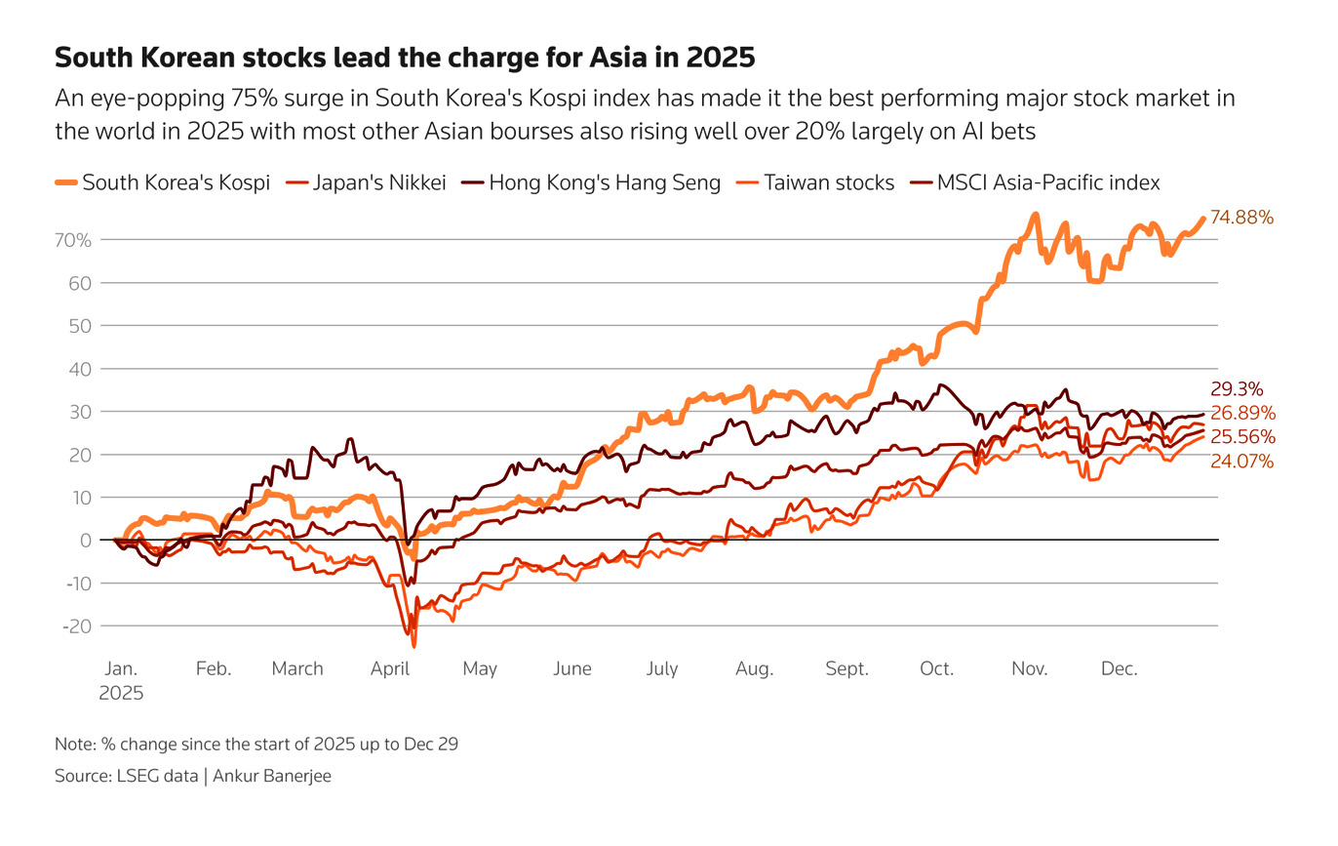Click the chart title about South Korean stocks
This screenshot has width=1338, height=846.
405,59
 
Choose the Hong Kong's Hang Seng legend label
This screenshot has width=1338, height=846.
605,182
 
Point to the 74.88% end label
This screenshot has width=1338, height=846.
1241,218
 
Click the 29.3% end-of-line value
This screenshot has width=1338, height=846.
1236,387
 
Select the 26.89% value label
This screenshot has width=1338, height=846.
1241,412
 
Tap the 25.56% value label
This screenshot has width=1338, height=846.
1241,436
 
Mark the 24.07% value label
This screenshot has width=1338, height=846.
1241,461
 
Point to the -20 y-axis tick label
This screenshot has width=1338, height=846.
77,625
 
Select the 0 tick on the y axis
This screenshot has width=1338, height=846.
86,540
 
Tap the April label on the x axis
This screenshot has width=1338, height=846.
390,668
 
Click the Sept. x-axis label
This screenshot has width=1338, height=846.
846,668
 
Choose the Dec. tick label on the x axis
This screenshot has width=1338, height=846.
1119,668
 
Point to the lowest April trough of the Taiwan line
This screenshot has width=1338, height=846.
414,646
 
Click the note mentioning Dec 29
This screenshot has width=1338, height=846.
256,744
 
